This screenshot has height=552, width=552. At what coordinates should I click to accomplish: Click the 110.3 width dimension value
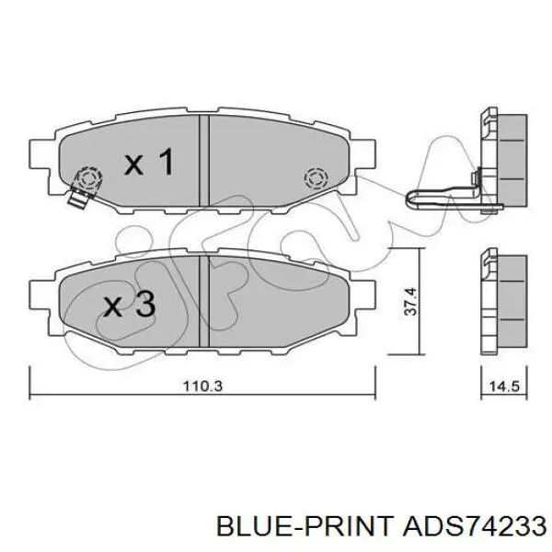coord(203,386)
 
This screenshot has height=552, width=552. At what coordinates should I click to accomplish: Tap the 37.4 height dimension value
coord(411,302)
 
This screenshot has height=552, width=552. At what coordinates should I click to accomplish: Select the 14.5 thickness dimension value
coord(504,386)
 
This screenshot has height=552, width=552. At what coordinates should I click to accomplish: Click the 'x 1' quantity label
coord(149,162)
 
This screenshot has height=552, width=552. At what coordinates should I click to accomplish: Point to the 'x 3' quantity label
coord(129,304)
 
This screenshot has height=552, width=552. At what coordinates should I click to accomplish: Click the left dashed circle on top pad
coord(87,178)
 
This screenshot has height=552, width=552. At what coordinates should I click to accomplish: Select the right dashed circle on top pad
coord(316,178)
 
